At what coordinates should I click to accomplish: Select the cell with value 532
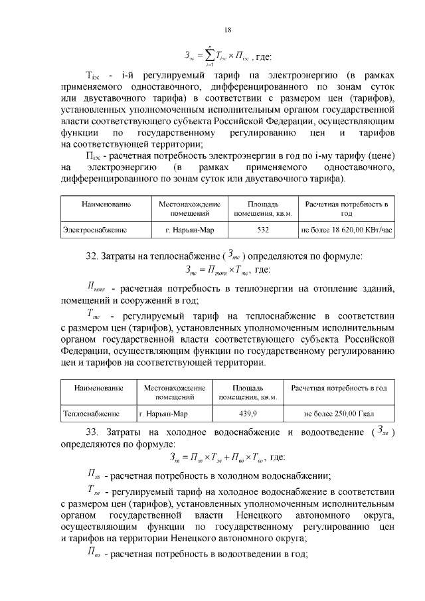(262, 230)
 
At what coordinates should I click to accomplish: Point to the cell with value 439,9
(246, 413)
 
